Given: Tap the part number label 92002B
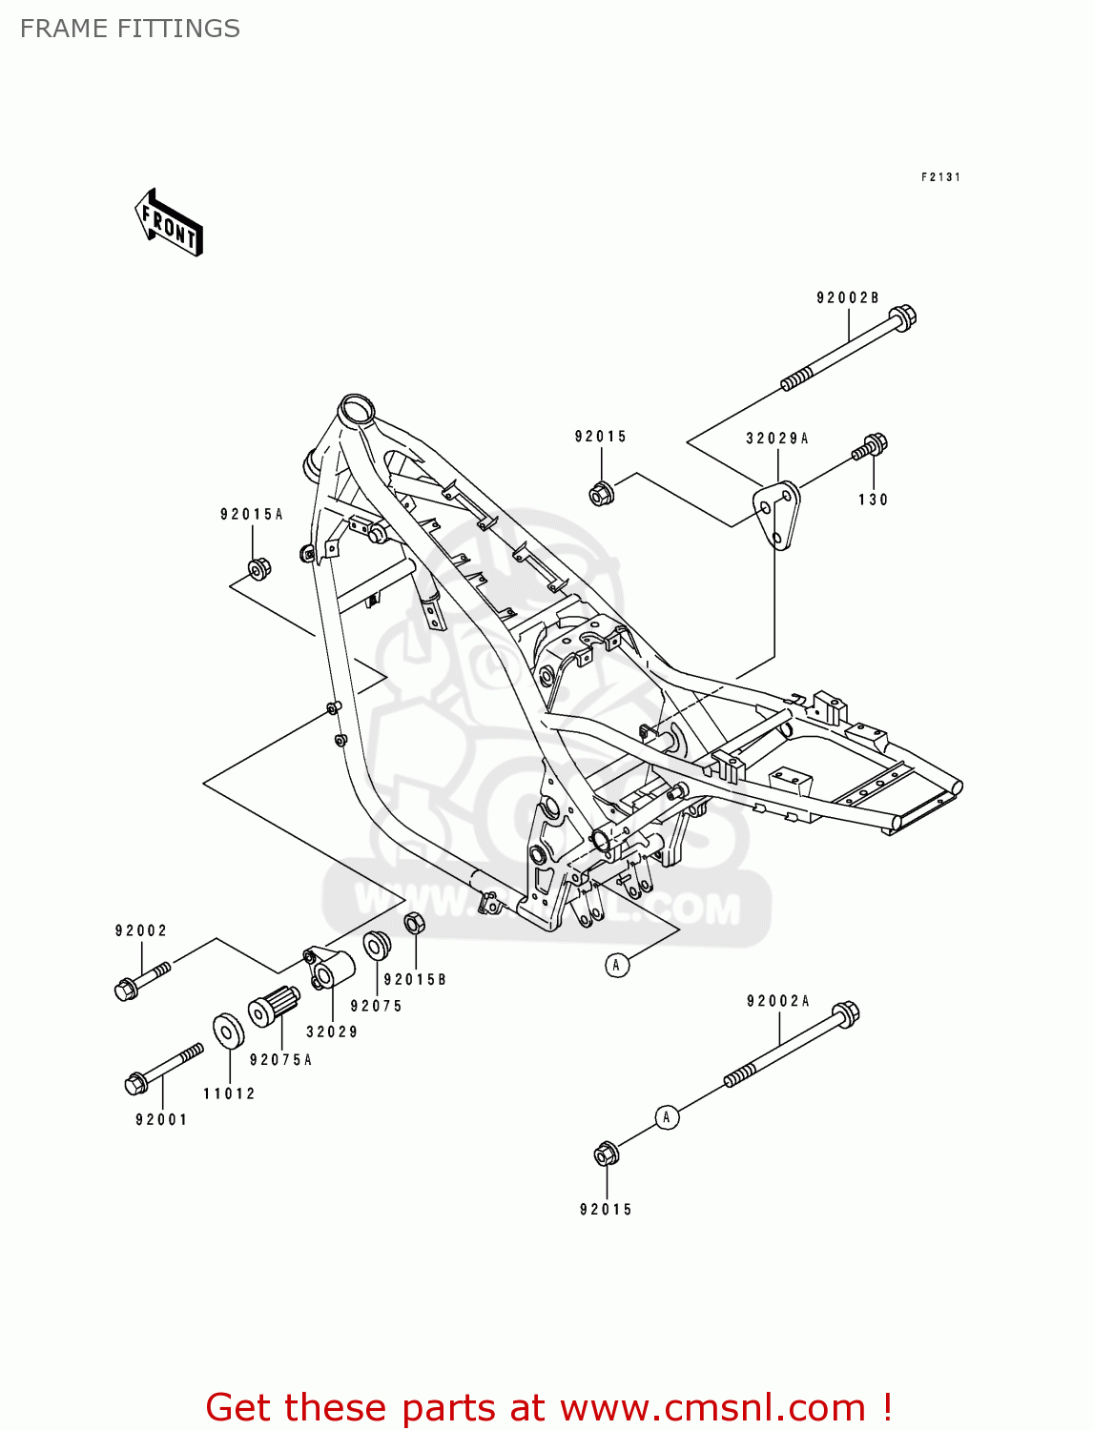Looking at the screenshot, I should point(847,298).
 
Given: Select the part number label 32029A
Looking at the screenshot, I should point(776,439).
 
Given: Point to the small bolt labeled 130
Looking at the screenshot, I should point(871,446).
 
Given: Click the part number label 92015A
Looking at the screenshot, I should point(252,515).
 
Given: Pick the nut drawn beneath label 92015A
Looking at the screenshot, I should point(258,569).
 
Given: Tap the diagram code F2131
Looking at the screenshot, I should point(940,177).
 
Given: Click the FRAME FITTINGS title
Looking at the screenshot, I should point(130,29).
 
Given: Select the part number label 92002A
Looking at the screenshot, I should point(777,1001).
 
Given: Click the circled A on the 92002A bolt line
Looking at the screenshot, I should point(667,1117).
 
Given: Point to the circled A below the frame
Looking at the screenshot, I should point(617,966).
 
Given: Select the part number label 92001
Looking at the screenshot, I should point(161,1120).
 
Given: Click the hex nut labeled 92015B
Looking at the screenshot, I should point(414,924).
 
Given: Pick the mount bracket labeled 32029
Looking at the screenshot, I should point(329,970).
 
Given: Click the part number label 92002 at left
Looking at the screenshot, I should point(141,931).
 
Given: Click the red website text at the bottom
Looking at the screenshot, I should point(548,1408).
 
